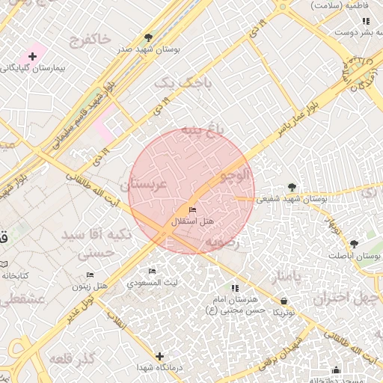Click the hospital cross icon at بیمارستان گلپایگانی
(x=32, y=56)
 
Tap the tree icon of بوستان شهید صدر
(x=148, y=37)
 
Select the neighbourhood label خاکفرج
(x=89, y=38)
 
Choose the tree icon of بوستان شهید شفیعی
(x=292, y=187)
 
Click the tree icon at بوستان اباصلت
(x=354, y=244)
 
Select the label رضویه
(x=224, y=241)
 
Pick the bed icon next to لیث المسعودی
(x=153, y=271)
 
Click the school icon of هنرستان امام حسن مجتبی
(x=235, y=288)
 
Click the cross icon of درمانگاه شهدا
(x=159, y=356)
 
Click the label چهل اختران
(x=341, y=297)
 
